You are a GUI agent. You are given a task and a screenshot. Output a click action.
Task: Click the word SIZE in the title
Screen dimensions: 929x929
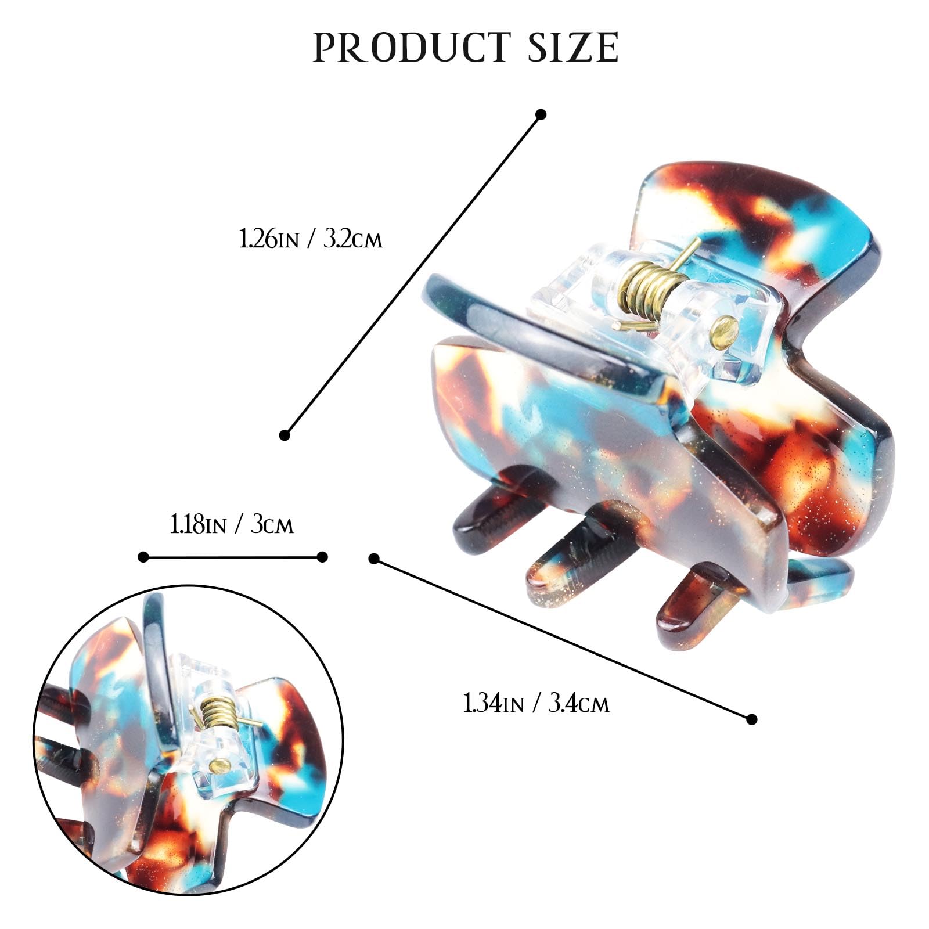pyautogui.click(x=573, y=48)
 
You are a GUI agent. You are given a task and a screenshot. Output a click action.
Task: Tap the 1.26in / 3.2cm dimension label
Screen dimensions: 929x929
pyautogui.click(x=311, y=239)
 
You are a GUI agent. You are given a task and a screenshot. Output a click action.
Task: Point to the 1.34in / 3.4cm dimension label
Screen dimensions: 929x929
pyautogui.click(x=536, y=703)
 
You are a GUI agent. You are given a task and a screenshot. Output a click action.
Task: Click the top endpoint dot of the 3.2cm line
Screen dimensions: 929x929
pyautogui.click(x=541, y=114)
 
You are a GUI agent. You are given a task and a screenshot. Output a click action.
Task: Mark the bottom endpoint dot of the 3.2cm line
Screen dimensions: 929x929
pyautogui.click(x=285, y=435)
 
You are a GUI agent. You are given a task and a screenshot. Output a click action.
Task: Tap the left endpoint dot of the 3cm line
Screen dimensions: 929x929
pyautogui.click(x=143, y=557)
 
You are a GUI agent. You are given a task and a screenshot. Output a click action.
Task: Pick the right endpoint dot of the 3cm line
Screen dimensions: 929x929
pyautogui.click(x=322, y=557)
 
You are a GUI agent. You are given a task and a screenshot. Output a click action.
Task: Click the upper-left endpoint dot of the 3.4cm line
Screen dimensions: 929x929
pyautogui.click(x=374, y=559)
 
